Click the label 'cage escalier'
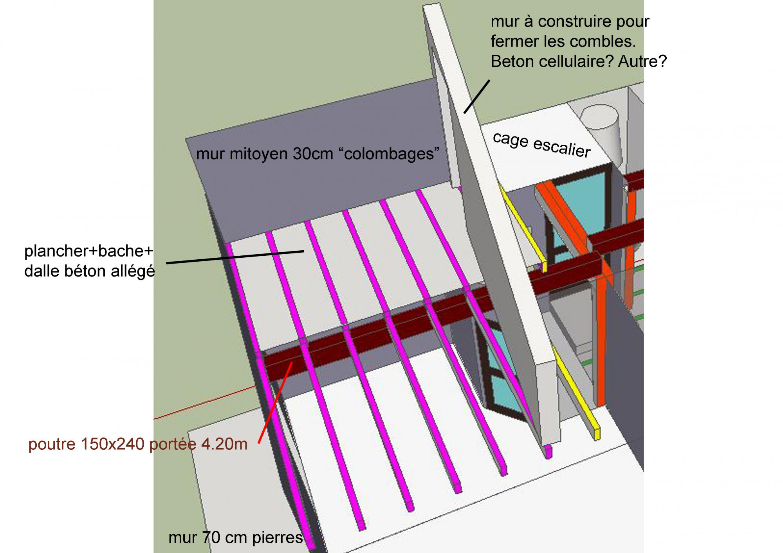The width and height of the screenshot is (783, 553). point(541,145)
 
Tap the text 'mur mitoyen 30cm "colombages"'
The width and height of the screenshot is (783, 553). point(318,154)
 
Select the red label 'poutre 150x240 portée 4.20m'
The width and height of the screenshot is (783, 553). point(138,444)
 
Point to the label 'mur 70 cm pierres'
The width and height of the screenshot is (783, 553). point(236,538)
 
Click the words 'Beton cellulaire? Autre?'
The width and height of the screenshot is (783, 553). point(578,61)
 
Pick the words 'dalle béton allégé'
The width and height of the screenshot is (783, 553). point(90,271)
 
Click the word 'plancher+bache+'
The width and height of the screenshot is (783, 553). point(88,251)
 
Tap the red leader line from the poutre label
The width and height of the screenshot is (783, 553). point(275,403)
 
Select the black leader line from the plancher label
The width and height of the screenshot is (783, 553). point(235,257)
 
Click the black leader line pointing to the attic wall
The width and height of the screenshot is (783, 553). point(477,97)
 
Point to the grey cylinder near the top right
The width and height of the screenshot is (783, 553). point(599,121)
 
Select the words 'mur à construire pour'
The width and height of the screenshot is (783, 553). point(570,22)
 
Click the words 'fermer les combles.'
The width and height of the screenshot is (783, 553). point(563,41)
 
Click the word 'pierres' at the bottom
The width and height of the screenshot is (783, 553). point(278,538)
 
